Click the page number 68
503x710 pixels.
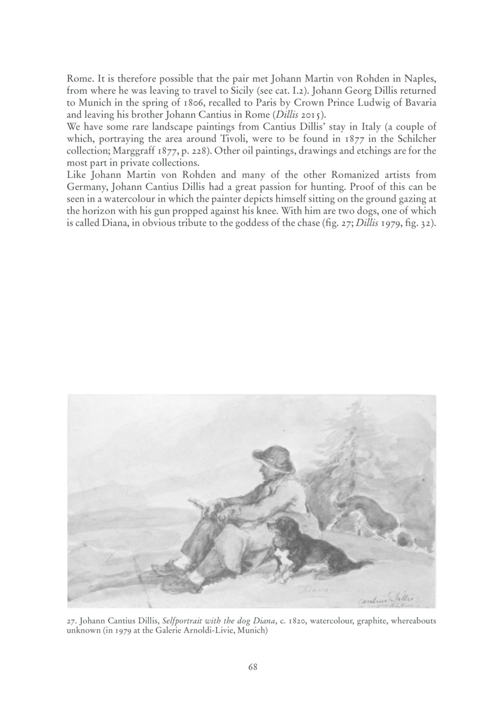point(253,667)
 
